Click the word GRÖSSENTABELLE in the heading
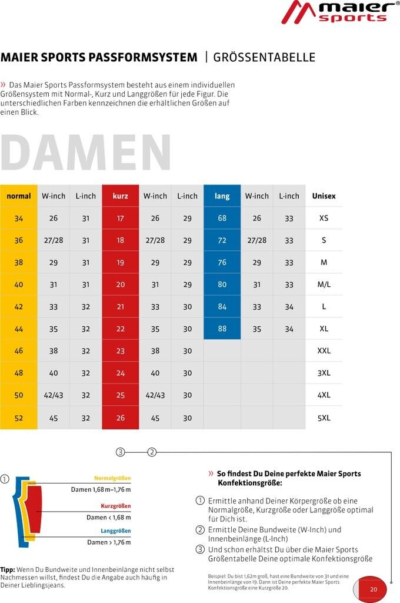pyautogui.click(x=264, y=57)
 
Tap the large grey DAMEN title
pyautogui.click(x=86, y=154)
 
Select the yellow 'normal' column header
pyautogui.click(x=19, y=196)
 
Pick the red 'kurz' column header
pyautogui.click(x=120, y=196)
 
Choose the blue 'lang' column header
pyautogui.click(x=222, y=196)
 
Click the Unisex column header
pyautogui.click(x=324, y=196)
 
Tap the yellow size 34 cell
pyautogui.click(x=19, y=218)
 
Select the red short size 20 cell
pyautogui.click(x=120, y=284)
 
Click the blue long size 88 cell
pyautogui.click(x=222, y=329)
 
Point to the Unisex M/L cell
pyautogui.click(x=324, y=284)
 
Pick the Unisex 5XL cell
pyautogui.click(x=324, y=418)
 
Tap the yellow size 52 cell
pyautogui.click(x=19, y=418)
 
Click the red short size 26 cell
pyautogui.click(x=120, y=418)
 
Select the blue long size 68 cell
pyautogui.click(x=222, y=218)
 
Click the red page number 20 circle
pyautogui.click(x=373, y=589)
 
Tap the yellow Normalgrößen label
pyautogui.click(x=112, y=478)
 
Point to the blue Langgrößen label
pyautogui.click(x=115, y=531)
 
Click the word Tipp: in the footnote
pyautogui.click(x=8, y=569)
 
